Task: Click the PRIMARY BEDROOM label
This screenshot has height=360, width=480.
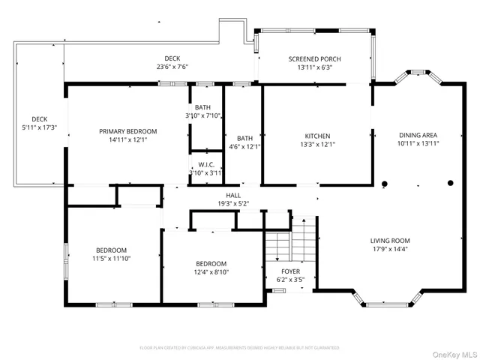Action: (x=126, y=130)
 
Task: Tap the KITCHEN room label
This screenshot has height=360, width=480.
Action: (x=316, y=136)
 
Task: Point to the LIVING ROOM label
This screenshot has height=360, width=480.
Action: (x=390, y=241)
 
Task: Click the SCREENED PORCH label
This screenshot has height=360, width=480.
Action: (x=315, y=59)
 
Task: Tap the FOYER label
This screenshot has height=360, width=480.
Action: (x=290, y=271)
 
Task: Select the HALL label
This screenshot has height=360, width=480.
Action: (x=232, y=194)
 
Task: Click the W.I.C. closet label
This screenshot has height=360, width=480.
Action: (x=205, y=165)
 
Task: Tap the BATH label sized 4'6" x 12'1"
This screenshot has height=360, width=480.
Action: (x=244, y=138)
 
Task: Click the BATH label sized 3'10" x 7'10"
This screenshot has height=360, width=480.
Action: (x=203, y=107)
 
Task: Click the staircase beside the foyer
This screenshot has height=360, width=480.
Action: (x=290, y=240)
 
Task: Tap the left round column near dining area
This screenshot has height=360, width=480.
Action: (x=385, y=183)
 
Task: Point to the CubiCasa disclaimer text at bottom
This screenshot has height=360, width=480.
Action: (x=240, y=348)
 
